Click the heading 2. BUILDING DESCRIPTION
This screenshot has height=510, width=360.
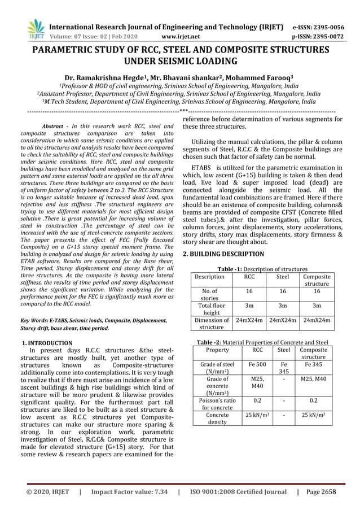click(223, 254)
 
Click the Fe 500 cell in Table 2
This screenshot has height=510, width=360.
click(257, 365)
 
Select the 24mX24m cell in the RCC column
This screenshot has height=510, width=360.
click(249, 320)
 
